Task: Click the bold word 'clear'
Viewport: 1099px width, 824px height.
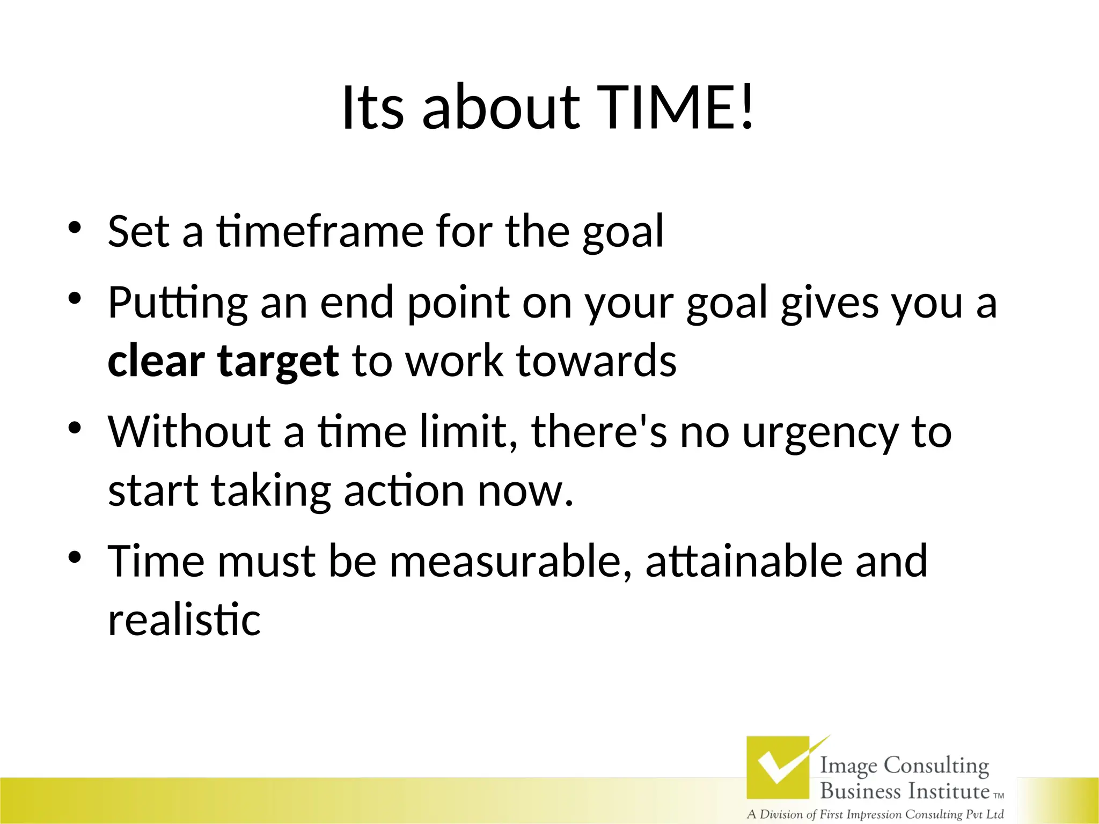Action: pyautogui.click(x=156, y=360)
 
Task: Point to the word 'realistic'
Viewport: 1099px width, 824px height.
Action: pyautogui.click(x=184, y=620)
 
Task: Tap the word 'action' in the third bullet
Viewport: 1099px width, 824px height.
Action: pyautogui.click(x=404, y=490)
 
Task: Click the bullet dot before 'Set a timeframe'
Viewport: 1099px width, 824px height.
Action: pyautogui.click(x=75, y=227)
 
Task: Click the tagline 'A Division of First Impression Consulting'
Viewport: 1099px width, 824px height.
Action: pyautogui.click(x=875, y=814)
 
